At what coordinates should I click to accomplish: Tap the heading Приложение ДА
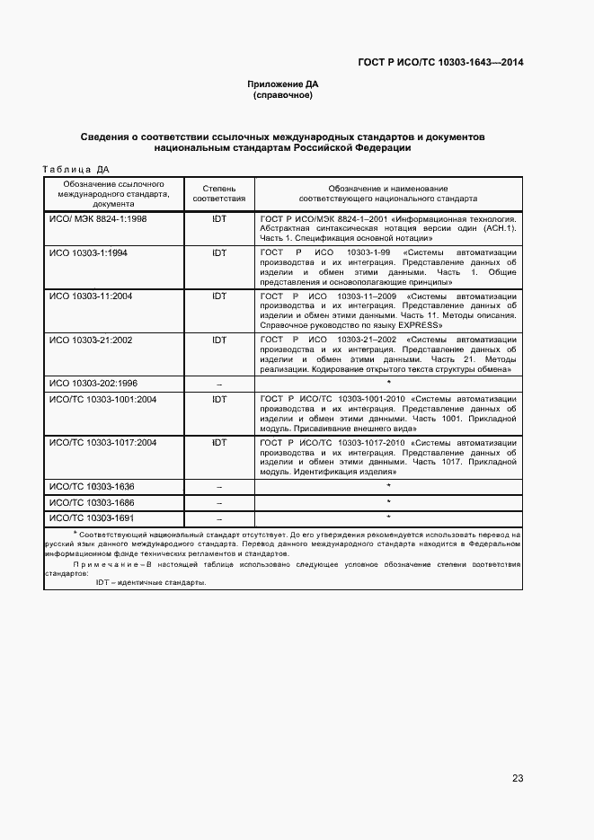[x=283, y=84]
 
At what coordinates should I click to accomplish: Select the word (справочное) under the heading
[x=283, y=94]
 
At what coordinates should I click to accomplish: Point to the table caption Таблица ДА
[x=76, y=168]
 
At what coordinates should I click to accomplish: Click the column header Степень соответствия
[x=219, y=193]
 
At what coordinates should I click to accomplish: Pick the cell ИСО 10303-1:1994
[x=88, y=252]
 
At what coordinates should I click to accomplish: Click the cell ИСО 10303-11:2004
[x=91, y=296]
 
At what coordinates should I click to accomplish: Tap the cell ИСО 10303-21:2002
[x=91, y=340]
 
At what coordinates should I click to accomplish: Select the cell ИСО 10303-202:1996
[x=93, y=383]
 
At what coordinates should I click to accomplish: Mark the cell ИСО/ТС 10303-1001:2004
[x=102, y=399]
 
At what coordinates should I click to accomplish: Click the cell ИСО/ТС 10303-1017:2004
[x=102, y=443]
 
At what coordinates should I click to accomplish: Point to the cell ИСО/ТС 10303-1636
[x=92, y=486]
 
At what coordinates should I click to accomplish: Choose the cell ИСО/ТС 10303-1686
[x=92, y=502]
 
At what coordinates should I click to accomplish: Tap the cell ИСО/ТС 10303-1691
[x=92, y=518]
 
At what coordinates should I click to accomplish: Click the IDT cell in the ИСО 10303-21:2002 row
[x=219, y=340]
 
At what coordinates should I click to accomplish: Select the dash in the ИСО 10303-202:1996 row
[x=219, y=384]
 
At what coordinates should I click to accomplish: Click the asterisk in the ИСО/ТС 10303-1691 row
[x=388, y=517]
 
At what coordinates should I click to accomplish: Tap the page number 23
[x=518, y=778]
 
